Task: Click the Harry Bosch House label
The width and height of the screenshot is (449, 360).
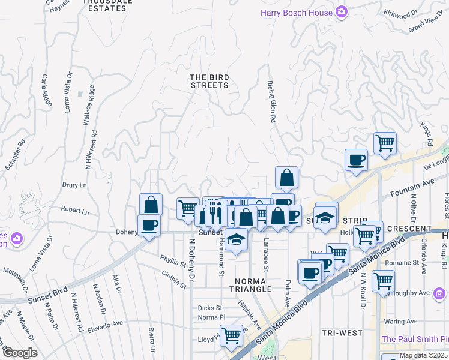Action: point(297,12)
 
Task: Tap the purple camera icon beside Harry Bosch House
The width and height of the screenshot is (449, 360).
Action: point(342,12)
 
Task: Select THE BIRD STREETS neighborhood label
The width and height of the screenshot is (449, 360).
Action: point(209,81)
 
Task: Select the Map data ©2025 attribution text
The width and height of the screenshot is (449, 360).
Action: point(424,355)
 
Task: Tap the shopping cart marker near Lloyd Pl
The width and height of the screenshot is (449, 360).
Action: point(231,337)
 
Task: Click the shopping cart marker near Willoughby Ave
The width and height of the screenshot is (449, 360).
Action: point(382,281)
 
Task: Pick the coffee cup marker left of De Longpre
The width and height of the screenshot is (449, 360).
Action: point(357,160)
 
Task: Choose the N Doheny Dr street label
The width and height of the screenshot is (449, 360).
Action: point(193,260)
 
